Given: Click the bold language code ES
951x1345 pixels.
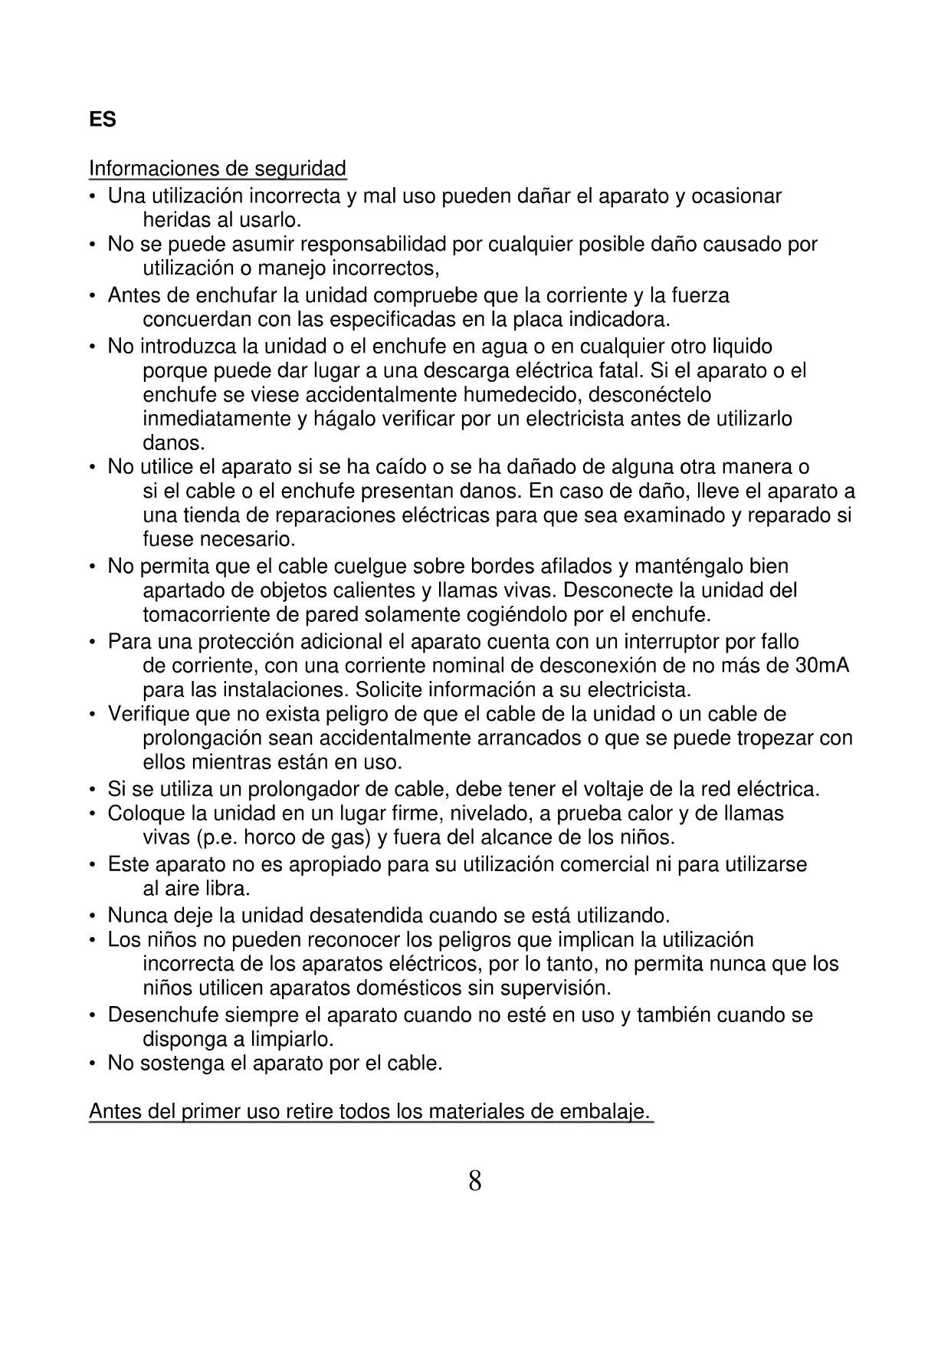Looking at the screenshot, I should click(x=103, y=120).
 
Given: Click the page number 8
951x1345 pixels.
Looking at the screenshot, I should click(x=475, y=1180).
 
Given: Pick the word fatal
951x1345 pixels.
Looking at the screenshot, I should click(x=618, y=371).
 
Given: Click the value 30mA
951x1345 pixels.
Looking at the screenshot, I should click(x=822, y=665).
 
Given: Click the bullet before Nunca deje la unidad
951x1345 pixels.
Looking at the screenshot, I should click(x=92, y=916).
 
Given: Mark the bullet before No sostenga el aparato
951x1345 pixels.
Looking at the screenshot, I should click(x=92, y=1064).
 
